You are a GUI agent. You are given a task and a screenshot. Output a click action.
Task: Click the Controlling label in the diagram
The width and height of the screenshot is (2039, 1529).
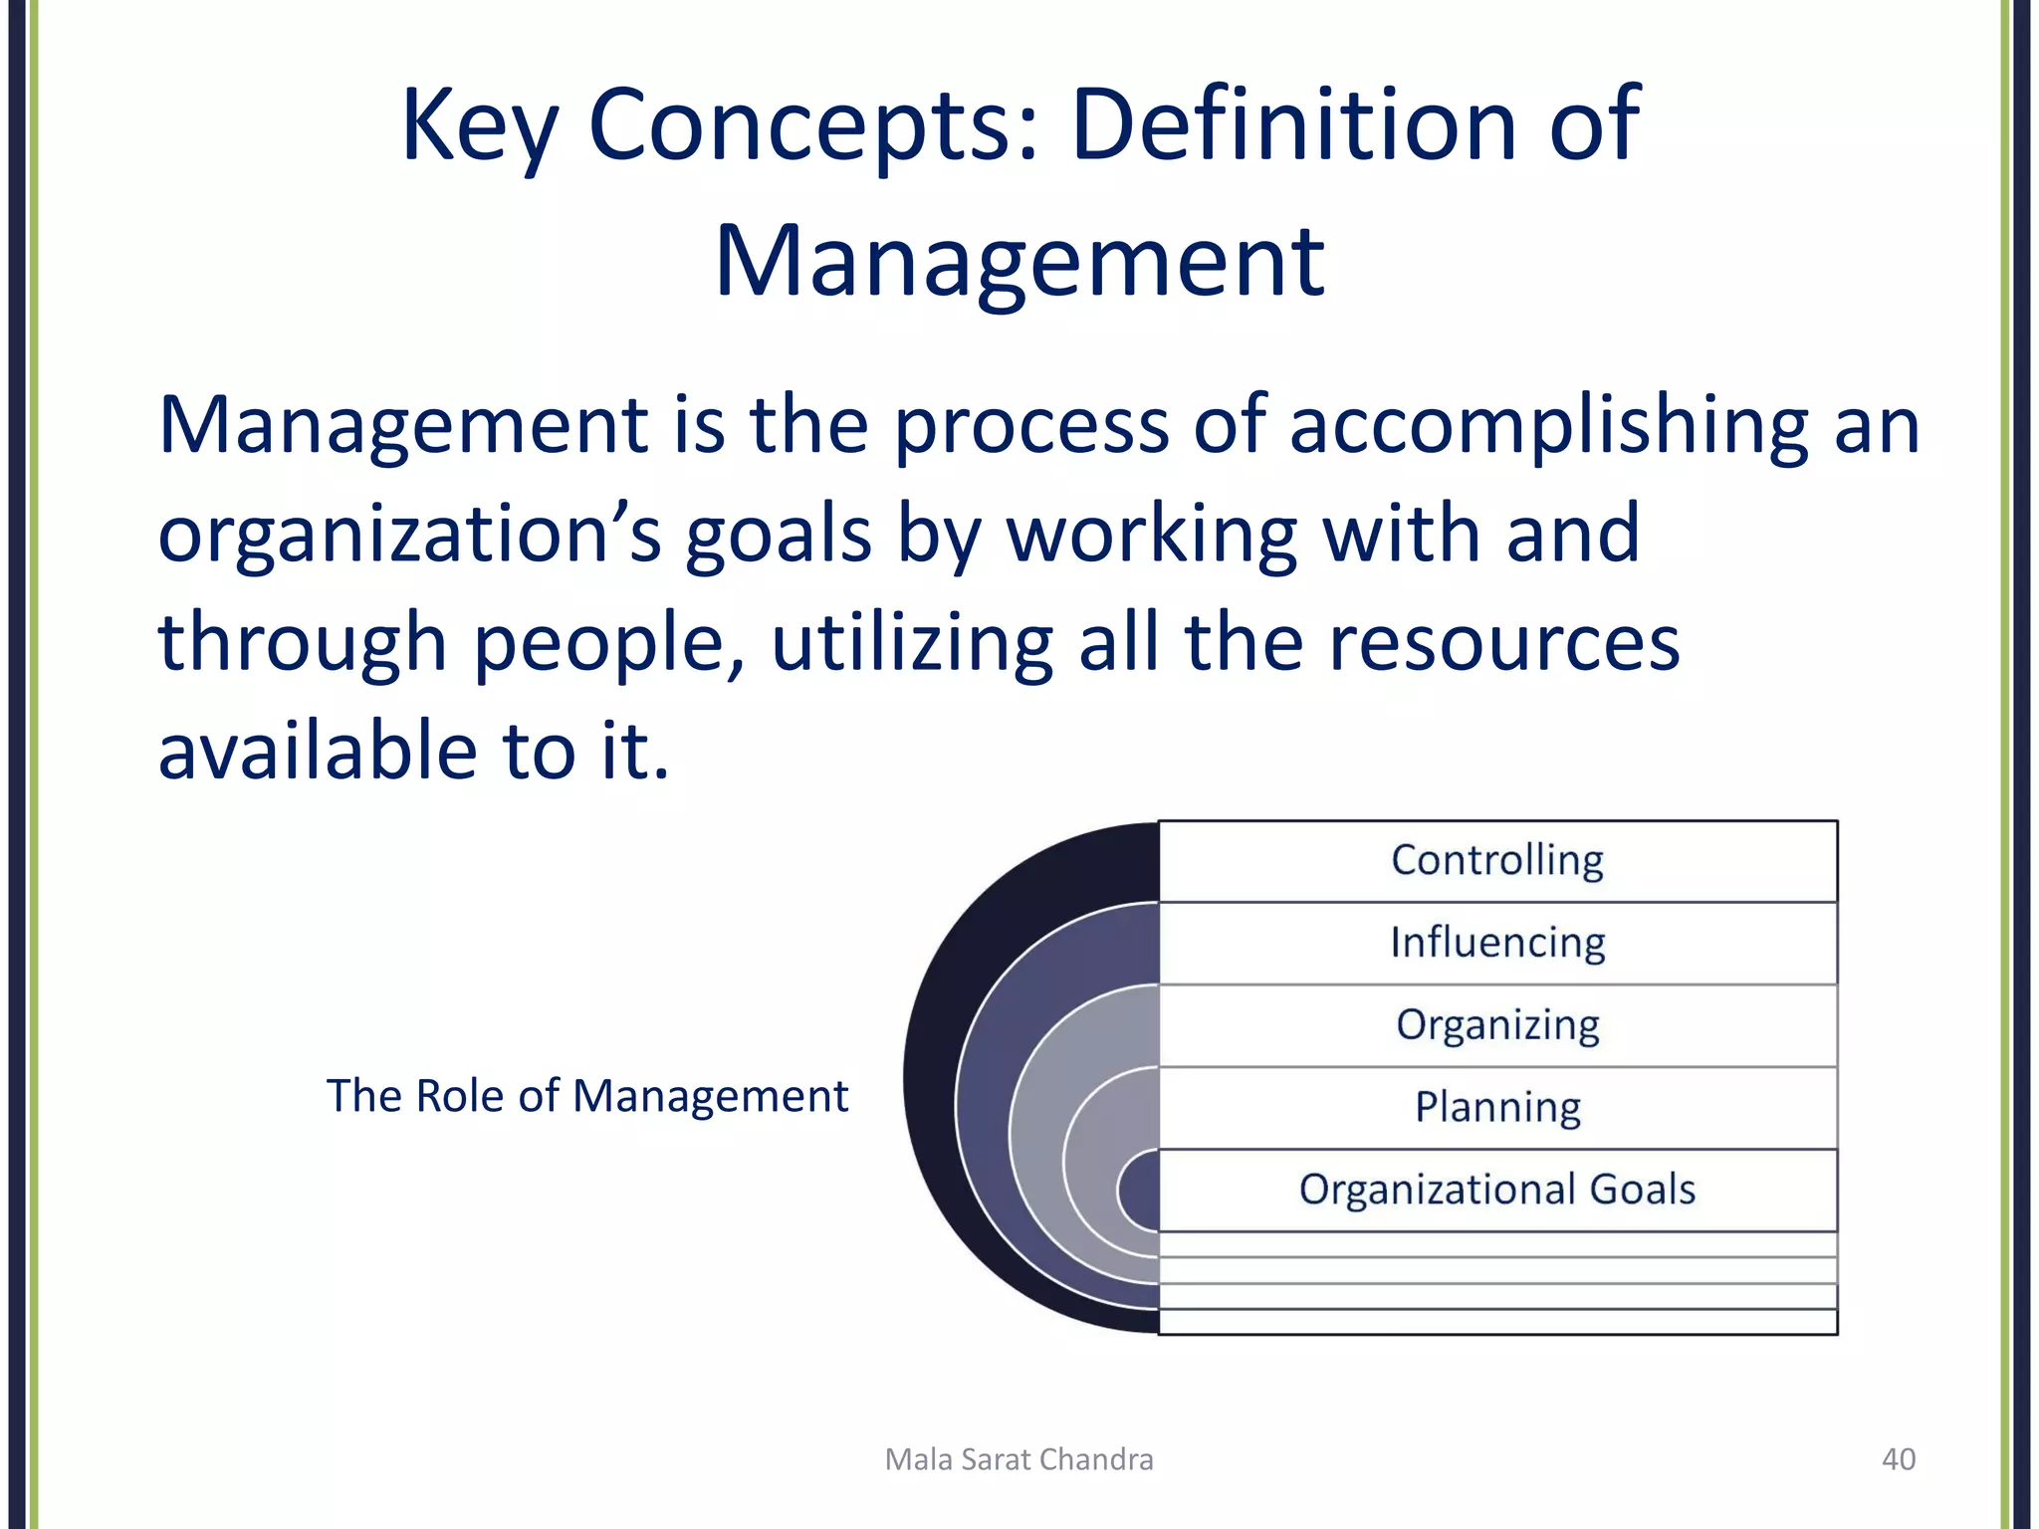[x=1497, y=860]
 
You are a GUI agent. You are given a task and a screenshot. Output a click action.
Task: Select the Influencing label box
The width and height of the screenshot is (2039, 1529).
[x=1497, y=943]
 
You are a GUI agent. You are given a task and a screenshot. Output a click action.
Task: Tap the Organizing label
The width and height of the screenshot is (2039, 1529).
[x=1497, y=1025]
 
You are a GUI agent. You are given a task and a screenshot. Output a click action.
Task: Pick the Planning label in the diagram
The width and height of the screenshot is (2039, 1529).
[x=1497, y=1107]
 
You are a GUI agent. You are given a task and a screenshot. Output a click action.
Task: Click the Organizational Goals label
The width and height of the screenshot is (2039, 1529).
[x=1497, y=1190]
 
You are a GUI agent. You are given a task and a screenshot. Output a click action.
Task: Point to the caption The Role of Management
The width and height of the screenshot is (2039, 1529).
[x=587, y=1096]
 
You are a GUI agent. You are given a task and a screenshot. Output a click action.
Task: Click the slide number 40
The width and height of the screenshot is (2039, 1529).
[x=1899, y=1459]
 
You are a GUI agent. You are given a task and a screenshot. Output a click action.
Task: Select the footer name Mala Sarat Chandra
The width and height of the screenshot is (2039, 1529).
[x=1019, y=1459]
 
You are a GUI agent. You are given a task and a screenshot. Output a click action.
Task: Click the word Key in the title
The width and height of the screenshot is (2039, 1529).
[x=478, y=127]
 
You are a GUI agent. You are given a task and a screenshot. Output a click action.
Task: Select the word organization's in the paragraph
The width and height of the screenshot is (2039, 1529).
[x=409, y=536]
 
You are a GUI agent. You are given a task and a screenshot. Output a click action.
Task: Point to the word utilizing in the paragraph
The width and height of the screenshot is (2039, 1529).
[x=912, y=644]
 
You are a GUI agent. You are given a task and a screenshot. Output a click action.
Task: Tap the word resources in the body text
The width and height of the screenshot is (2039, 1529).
[x=1504, y=644]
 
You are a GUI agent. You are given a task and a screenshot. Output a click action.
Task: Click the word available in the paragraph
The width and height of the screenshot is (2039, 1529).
[x=318, y=751]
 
